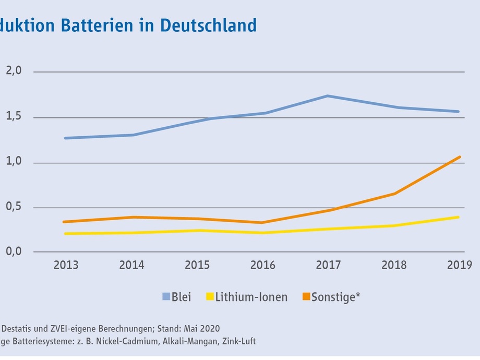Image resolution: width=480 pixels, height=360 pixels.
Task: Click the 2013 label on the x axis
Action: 66,265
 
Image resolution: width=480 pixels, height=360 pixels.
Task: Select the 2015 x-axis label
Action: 197,265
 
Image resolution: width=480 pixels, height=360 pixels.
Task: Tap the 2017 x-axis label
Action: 329,265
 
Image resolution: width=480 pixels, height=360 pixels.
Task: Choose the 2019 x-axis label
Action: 460,265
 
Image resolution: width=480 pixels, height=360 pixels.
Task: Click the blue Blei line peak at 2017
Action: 328,96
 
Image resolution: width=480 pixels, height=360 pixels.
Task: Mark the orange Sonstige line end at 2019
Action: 460,157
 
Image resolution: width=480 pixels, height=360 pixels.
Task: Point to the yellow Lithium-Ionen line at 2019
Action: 459,217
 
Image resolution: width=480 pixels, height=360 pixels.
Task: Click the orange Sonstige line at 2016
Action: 262,223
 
